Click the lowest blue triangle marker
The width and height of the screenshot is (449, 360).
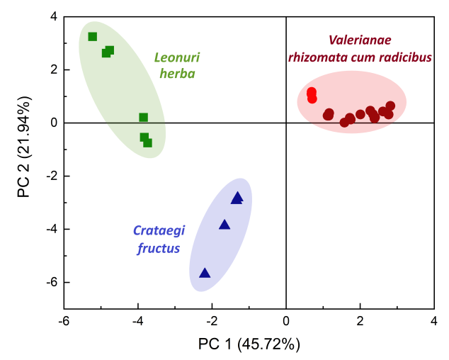[205, 274]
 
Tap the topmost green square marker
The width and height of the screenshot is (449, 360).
[92, 37]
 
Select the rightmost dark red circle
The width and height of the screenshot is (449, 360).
[390, 106]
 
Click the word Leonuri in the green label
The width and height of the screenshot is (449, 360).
[176, 57]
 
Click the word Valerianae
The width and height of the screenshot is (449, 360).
[359, 40]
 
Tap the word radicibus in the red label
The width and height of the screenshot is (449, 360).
[405, 57]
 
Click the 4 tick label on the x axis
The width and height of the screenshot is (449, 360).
[433, 321]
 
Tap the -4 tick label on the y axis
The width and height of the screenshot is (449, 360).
[50, 229]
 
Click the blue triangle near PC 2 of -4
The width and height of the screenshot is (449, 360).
[224, 225]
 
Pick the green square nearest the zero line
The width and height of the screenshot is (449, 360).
[143, 118]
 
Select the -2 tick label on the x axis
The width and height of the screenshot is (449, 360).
[210, 321]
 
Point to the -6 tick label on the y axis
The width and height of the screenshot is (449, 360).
[50, 282]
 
